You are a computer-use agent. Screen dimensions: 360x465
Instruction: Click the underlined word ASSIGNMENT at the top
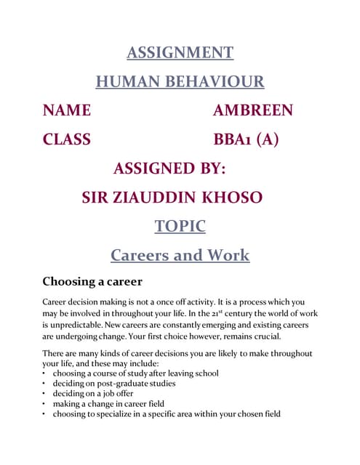click(180, 52)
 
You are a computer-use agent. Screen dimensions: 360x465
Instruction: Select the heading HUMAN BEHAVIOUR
click(180, 81)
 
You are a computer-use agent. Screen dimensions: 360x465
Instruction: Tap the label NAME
click(67, 110)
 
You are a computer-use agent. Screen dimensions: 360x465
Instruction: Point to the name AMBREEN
click(253, 110)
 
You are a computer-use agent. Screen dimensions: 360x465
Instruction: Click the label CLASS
click(67, 139)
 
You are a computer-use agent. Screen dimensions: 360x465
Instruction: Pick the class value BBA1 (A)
click(246, 139)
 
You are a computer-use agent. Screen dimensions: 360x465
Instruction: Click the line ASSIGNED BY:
click(170, 169)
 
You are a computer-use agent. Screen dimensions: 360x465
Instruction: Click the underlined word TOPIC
click(180, 227)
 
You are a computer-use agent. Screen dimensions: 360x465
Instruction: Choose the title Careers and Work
click(180, 256)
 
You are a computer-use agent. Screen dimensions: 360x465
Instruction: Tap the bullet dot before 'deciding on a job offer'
click(45, 394)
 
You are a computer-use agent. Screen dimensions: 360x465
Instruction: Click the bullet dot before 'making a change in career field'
click(45, 404)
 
